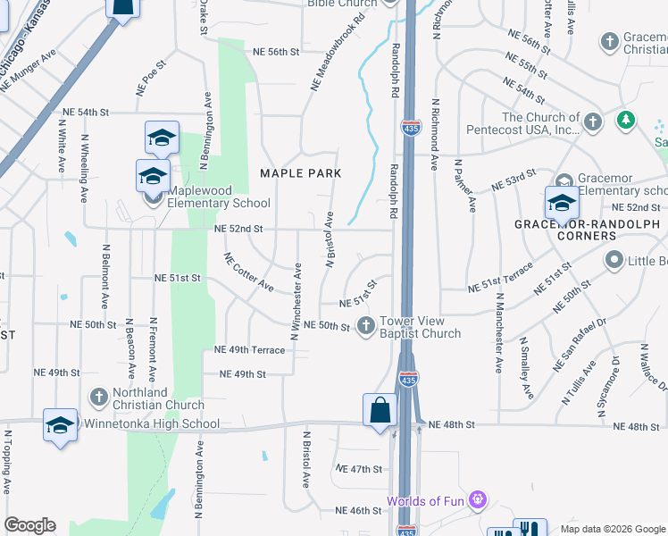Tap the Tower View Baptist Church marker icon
pos(365,326)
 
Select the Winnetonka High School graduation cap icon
pos(60,425)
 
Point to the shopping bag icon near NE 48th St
pos(380,411)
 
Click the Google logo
pos(29,525)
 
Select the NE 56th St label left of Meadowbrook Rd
pos(275,52)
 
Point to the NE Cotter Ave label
pos(249,272)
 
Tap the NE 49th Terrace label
pos(249,350)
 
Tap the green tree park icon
pos(627,120)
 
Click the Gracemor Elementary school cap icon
pos(561,203)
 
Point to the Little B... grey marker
pos(614,261)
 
